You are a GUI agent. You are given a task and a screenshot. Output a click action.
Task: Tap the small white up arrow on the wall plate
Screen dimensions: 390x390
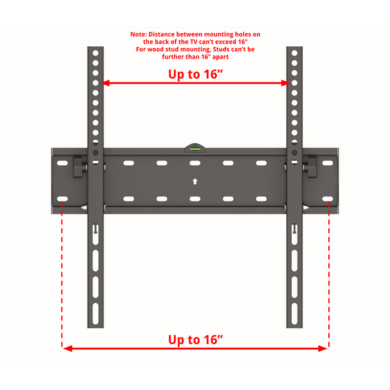194,180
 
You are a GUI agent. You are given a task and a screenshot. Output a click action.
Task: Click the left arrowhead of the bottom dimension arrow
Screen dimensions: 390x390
66,349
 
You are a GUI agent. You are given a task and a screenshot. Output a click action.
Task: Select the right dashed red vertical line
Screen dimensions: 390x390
329,273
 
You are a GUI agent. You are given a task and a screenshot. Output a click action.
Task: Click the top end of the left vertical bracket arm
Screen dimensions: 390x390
96,49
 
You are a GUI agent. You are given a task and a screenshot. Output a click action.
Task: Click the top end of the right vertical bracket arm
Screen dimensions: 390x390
294,49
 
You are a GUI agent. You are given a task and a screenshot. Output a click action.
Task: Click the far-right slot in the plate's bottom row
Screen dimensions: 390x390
328,198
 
